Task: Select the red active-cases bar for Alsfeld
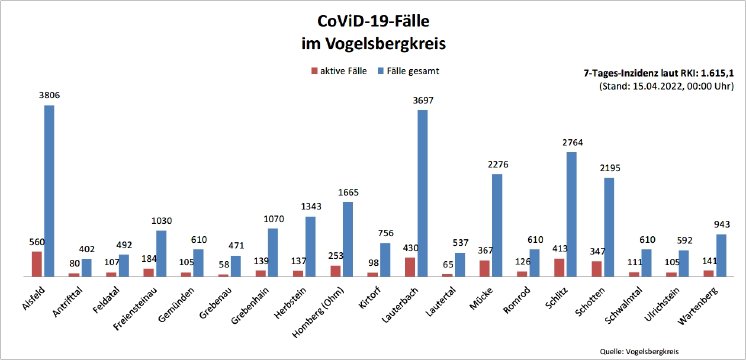pos(37,263)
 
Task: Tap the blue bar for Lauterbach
pos(422,192)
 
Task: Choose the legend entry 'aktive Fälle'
pos(345,72)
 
